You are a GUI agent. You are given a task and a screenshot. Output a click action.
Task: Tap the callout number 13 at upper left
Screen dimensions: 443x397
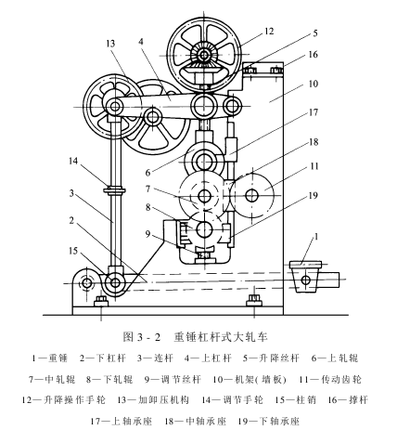[110, 44]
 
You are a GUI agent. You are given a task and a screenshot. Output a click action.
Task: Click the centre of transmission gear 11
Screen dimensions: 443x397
[252, 197]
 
